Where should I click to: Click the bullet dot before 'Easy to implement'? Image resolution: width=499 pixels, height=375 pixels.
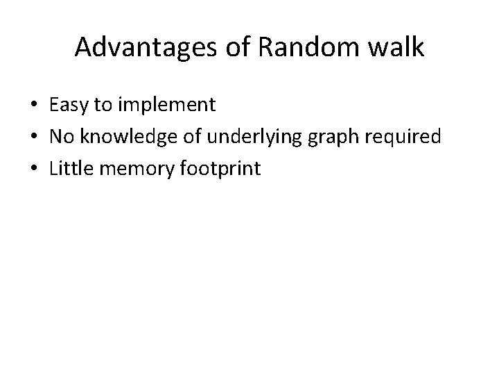click(x=34, y=106)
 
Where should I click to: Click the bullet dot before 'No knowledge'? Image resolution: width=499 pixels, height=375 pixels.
click(x=34, y=137)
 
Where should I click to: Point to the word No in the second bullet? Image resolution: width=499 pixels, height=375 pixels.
click(x=62, y=137)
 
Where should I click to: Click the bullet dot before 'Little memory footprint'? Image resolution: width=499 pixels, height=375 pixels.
click(x=34, y=168)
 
